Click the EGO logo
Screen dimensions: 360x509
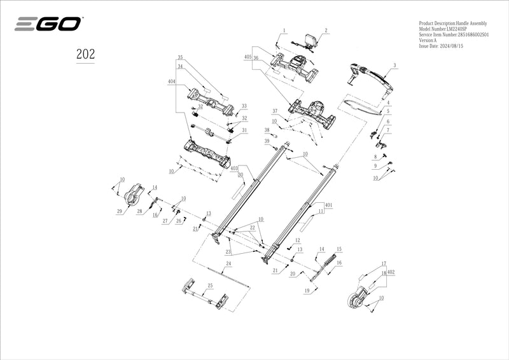[48, 25]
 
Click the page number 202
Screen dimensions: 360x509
[85, 54]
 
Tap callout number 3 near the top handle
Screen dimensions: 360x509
[394, 66]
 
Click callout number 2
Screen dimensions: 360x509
[326, 30]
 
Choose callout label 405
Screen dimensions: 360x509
[248, 57]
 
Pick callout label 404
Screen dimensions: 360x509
[171, 82]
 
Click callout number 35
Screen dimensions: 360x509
[180, 57]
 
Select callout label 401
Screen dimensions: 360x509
[328, 206]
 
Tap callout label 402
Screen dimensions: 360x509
[391, 272]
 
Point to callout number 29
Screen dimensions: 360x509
[119, 212]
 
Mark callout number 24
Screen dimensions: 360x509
[228, 263]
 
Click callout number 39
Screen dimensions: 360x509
[267, 141]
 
